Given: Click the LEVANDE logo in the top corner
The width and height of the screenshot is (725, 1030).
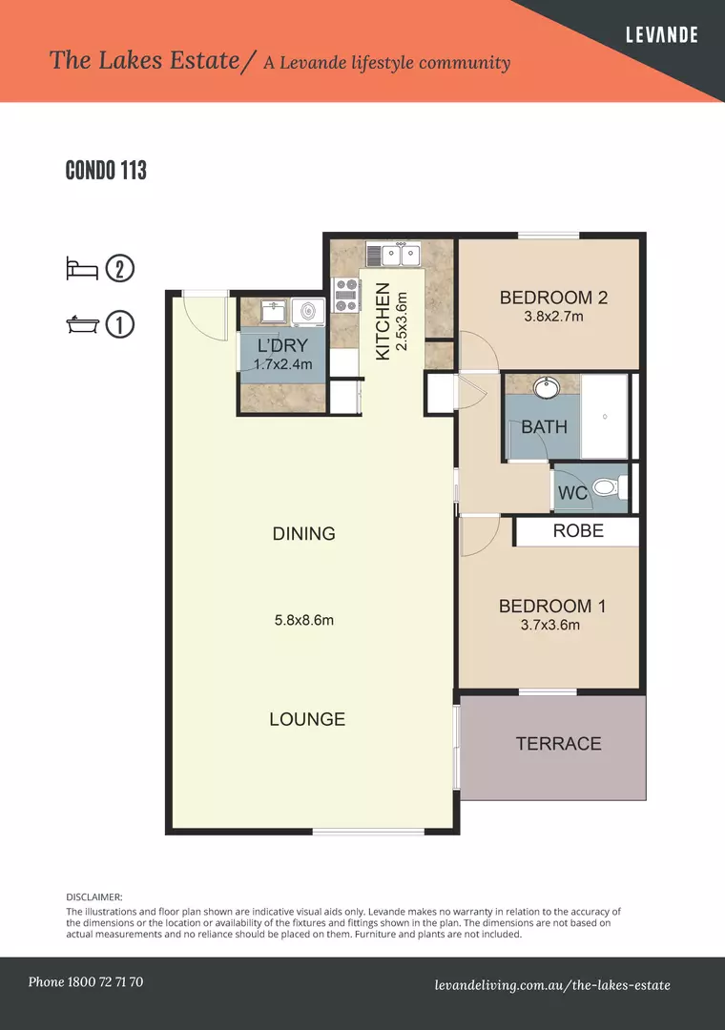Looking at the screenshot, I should (661, 35).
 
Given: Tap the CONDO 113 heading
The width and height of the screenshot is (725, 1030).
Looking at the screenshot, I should (106, 171).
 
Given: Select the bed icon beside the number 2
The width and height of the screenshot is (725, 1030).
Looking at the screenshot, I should (82, 268).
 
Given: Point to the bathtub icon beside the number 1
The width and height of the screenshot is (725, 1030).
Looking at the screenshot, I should (82, 324).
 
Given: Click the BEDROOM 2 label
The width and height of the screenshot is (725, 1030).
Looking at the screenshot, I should (553, 298).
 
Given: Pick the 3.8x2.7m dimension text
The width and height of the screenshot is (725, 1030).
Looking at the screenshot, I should (553, 317).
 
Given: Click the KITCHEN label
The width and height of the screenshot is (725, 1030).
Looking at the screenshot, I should (383, 321).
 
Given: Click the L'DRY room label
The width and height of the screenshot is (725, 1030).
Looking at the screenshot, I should (282, 346).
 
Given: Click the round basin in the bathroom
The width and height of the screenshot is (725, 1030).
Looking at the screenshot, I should (547, 388).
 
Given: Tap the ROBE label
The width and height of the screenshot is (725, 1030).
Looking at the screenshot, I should (578, 530).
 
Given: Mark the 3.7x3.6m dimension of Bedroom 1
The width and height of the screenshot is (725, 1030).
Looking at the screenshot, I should (550, 626).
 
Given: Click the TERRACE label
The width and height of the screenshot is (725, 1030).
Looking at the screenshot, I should (558, 744).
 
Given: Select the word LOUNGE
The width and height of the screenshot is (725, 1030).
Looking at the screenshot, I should (307, 719).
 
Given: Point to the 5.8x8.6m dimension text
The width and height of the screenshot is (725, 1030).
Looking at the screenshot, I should (303, 621).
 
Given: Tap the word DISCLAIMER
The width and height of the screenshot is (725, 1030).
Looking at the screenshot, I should (94, 897).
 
